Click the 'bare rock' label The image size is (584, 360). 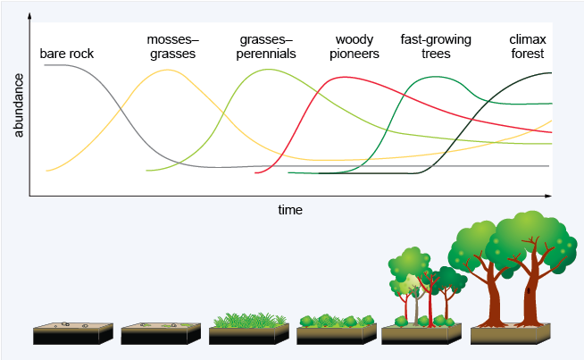[67, 54]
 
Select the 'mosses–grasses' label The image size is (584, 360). [172, 46]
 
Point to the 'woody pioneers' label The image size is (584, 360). [354, 46]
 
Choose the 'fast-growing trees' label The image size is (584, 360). [436, 46]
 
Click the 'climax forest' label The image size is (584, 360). [526, 46]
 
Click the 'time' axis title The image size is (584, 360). [290, 210]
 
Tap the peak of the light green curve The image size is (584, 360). [259, 70]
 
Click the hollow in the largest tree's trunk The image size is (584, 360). [529, 290]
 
